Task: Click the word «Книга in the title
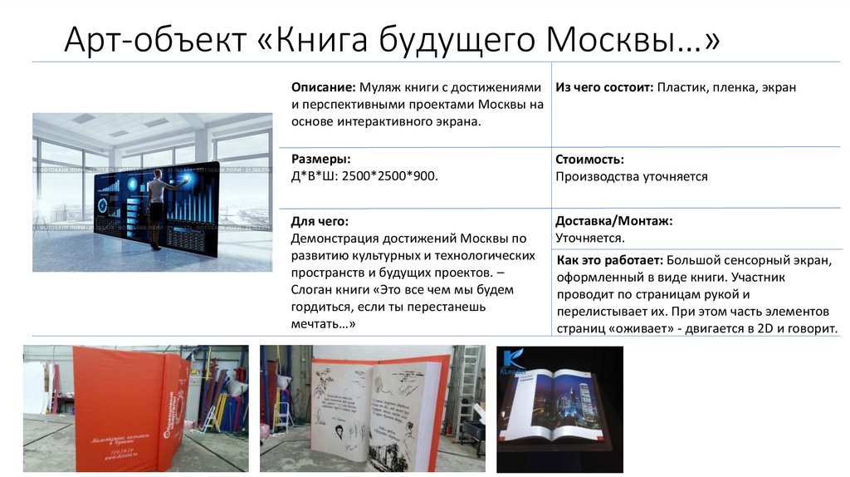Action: point(318,41)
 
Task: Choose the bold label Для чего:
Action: point(320,221)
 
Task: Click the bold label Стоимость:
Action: point(589,159)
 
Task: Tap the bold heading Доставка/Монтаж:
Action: point(613,221)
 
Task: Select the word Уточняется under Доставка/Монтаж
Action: point(589,238)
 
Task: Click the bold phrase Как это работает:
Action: point(608,260)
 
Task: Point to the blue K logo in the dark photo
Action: point(512,360)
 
